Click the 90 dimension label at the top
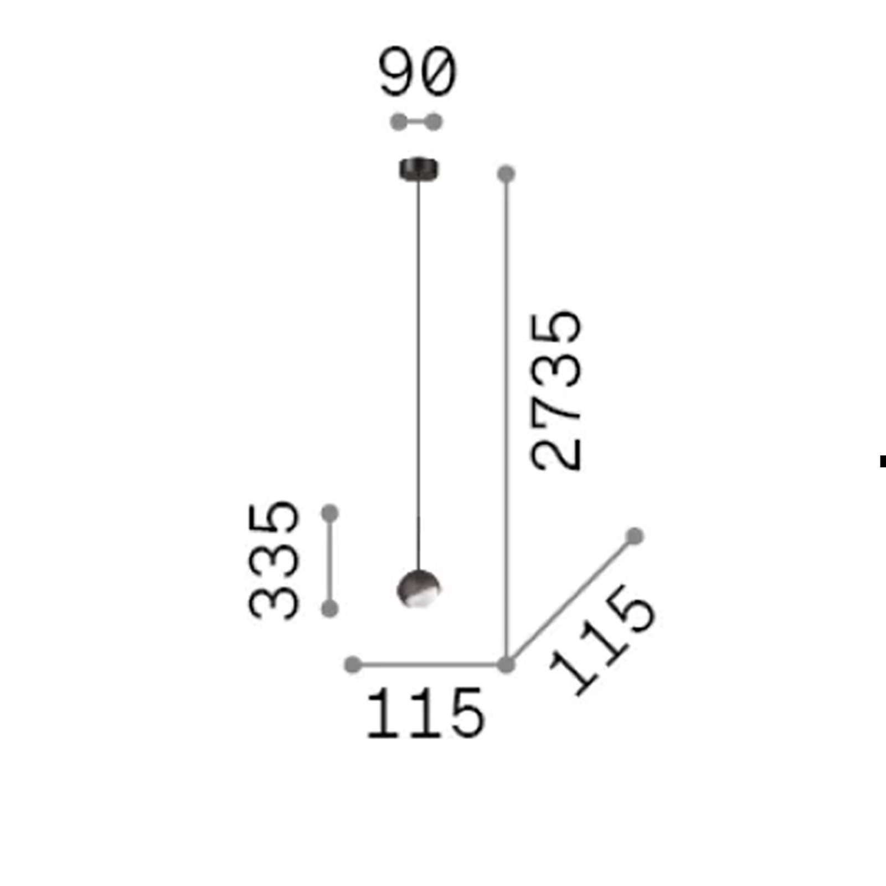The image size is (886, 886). [x=418, y=72]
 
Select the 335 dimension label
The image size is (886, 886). [x=274, y=560]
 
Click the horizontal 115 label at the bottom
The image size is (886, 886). [x=425, y=714]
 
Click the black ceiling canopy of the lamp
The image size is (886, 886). [x=419, y=169]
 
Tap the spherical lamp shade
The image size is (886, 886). [x=419, y=588]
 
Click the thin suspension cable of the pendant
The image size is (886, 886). [x=419, y=374]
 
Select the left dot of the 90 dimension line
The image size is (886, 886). [x=398, y=122]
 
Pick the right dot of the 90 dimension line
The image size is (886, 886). [x=435, y=122]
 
